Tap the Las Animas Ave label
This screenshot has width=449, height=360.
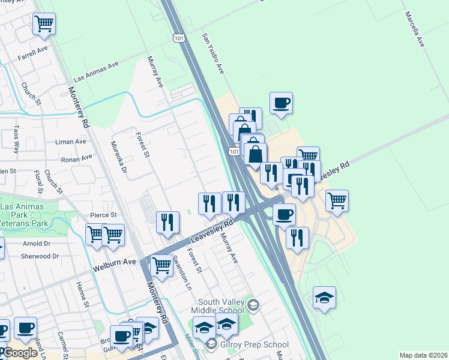(x=96, y=71)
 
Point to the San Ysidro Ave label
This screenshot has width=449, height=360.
(x=214, y=54)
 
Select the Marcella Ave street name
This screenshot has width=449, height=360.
(x=414, y=29)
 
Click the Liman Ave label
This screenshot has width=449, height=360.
(x=71, y=142)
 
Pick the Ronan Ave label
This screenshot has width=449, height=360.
(x=77, y=159)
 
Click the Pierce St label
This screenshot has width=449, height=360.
(x=103, y=215)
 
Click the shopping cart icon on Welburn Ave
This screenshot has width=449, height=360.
(x=161, y=264)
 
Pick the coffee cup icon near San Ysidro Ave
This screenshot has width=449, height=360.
(x=281, y=103)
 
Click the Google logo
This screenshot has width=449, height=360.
(x=20, y=353)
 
